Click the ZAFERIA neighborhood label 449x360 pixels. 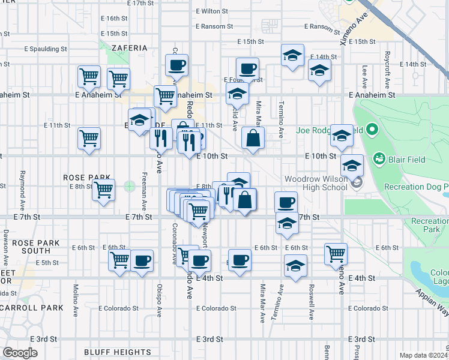129,47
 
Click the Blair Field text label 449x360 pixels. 410,159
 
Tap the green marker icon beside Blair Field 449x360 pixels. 379,159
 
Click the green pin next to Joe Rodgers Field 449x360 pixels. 372,130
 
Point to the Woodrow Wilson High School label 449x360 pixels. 316,183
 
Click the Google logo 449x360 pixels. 20,353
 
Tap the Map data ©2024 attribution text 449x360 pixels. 423,355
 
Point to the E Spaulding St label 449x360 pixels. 45,48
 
